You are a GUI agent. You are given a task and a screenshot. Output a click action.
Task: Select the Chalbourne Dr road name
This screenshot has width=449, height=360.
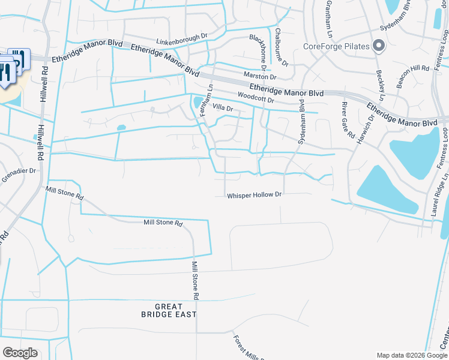[281, 47]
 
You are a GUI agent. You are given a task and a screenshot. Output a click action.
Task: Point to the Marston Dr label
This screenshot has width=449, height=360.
[260, 77]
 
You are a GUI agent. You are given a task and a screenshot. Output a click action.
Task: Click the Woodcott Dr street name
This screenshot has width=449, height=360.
[256, 97]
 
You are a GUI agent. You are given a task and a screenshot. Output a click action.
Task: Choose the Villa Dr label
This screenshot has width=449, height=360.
[222, 108]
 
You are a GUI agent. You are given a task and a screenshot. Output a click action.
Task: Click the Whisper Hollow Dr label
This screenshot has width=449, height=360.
[254, 195]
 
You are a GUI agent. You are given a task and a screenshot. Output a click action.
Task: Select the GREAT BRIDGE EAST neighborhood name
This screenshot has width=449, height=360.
[169, 310]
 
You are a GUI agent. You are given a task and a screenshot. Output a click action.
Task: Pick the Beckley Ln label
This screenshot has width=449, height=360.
[380, 85]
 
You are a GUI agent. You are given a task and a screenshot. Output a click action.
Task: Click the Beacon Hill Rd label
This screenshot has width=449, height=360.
[408, 76]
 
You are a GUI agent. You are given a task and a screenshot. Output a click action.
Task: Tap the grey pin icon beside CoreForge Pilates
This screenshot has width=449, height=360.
[379, 46]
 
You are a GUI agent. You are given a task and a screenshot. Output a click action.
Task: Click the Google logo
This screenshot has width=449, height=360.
[20, 353]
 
